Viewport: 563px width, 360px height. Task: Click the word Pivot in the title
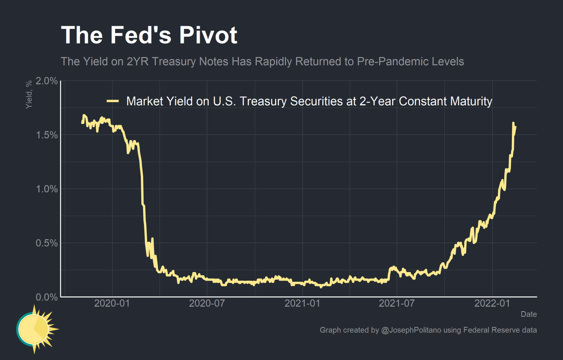204,35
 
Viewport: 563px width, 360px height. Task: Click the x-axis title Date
529,314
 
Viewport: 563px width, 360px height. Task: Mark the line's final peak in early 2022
513,123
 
